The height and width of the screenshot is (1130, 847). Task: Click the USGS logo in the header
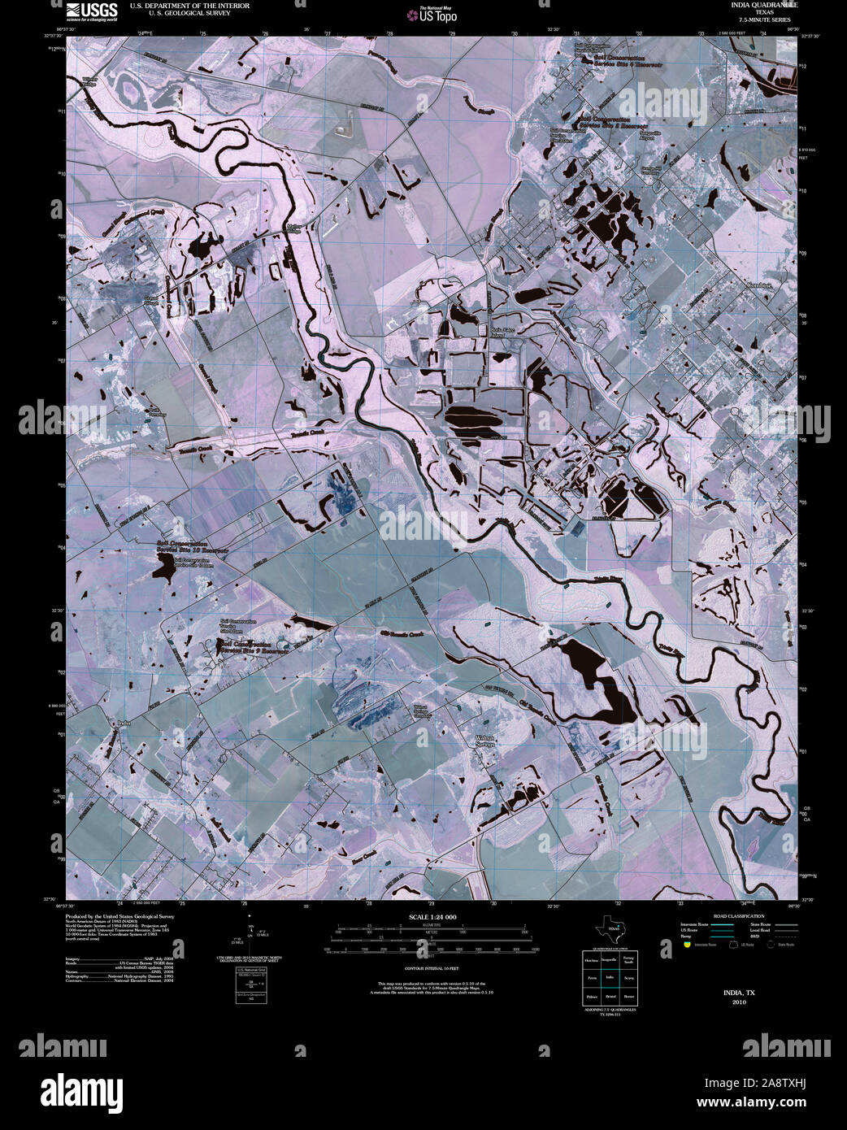click(x=92, y=11)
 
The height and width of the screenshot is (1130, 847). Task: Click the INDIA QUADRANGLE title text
click(x=752, y=5)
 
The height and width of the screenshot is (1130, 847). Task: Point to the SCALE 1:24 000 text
click(x=433, y=917)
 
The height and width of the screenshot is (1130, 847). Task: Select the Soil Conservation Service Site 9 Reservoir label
click(x=254, y=647)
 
